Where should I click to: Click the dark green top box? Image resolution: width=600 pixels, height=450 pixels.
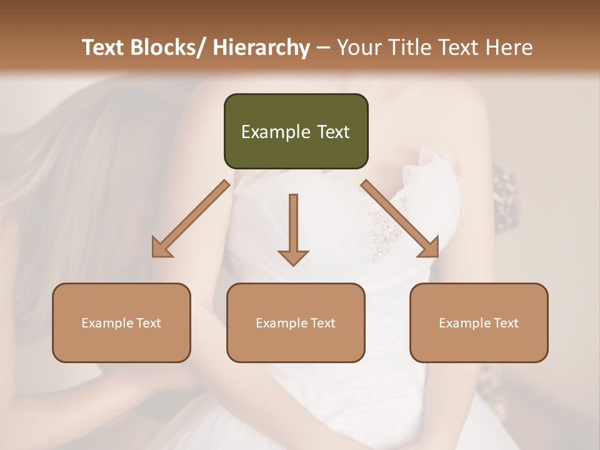coord(296,131)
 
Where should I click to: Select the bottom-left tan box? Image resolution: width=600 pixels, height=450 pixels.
coord(121,322)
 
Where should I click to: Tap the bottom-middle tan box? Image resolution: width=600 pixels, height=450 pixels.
coord(296,322)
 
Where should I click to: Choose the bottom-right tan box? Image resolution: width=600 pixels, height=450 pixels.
coord(479,322)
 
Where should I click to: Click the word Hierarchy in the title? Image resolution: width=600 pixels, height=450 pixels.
coord(261,47)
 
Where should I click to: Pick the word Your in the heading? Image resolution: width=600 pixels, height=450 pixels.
coord(357,47)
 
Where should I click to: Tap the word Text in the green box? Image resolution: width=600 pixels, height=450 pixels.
coord(333,132)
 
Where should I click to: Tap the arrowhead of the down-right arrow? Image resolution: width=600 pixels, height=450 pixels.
coord(429,247)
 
